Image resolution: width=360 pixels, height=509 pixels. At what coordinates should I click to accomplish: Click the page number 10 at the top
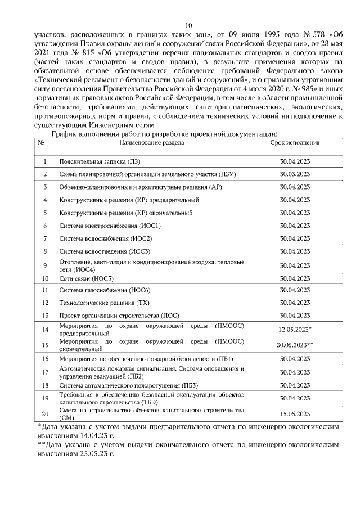[188, 25]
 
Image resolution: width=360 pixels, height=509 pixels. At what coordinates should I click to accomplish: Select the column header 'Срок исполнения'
[295, 143]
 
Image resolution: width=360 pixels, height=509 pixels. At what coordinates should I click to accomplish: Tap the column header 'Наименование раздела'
[151, 143]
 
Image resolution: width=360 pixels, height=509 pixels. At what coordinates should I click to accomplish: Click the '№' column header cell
[41, 143]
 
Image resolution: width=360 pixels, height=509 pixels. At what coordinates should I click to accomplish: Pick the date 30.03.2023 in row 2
[295, 174]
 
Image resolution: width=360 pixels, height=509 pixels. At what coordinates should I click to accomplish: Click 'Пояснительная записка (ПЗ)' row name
[93, 161]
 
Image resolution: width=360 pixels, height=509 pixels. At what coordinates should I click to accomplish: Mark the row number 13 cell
[44, 316]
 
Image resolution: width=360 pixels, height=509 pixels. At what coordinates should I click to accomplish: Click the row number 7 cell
[44, 238]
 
